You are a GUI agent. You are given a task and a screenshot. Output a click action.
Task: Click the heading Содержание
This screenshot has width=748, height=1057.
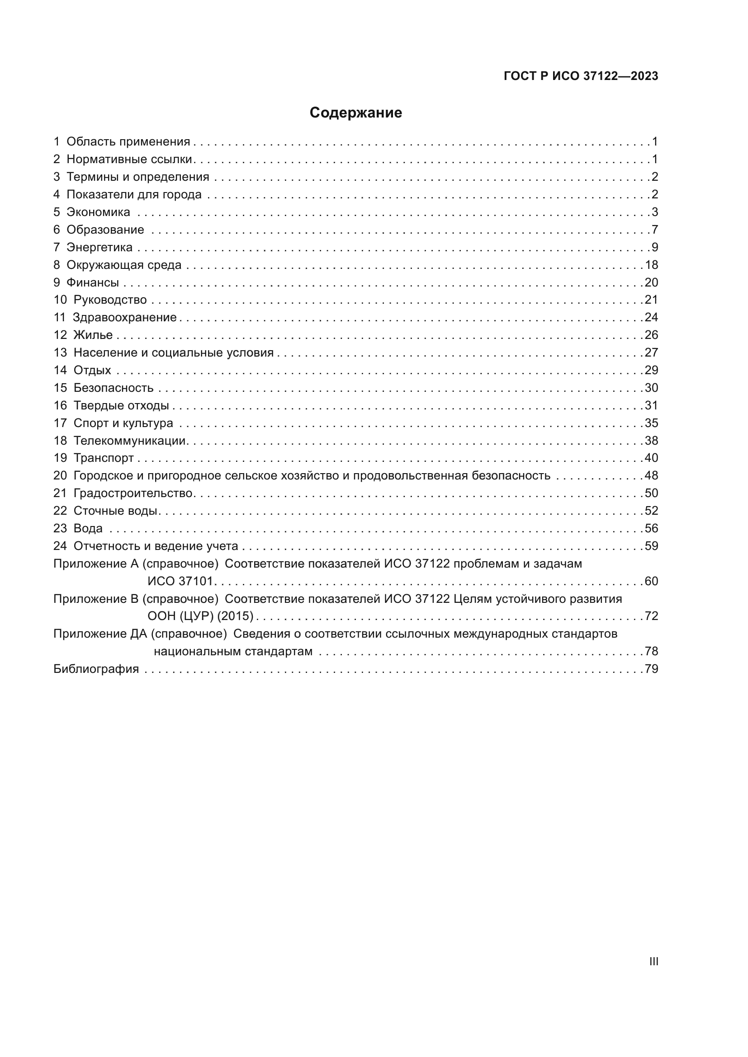coord(355,113)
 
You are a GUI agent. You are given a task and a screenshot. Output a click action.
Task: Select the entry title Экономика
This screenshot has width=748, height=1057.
coord(98,212)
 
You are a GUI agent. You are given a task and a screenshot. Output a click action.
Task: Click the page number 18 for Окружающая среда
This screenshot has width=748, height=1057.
coord(651,265)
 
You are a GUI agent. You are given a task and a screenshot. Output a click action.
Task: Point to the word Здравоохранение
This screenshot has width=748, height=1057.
coord(125,318)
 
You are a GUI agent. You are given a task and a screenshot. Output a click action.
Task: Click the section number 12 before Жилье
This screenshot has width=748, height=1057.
coord(60,335)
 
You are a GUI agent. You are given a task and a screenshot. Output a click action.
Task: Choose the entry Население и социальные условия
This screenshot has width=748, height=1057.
coord(173,352)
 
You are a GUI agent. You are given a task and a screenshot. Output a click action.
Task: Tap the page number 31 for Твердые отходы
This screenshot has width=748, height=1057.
coord(651,405)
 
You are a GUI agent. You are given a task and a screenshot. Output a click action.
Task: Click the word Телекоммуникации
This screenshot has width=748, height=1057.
coord(129,441)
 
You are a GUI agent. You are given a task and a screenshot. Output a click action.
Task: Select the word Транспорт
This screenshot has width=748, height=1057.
coord(104,458)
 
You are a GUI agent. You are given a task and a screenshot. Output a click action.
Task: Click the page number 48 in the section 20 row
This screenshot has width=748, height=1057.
coord(651,475)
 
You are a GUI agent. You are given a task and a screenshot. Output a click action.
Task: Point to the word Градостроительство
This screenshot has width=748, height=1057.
coord(133,493)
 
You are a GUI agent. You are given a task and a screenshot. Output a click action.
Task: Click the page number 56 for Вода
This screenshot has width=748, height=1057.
coord(651,529)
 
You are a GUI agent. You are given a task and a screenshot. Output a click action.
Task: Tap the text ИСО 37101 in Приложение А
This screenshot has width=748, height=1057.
coord(180,582)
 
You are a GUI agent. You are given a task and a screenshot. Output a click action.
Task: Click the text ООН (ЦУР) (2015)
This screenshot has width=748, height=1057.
coord(200,616)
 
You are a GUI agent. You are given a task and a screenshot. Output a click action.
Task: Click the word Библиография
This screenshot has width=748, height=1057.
coord(96,669)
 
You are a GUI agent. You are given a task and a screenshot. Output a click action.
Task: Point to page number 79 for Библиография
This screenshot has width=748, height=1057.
coord(651,669)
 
